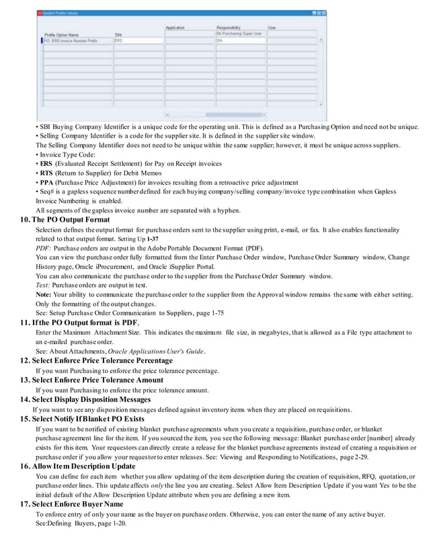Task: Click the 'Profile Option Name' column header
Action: pyautogui.click(x=61, y=34)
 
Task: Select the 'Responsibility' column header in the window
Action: pyautogui.click(x=228, y=28)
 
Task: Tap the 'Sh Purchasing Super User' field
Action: pyautogui.click(x=238, y=33)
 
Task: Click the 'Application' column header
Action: pyautogui.click(x=175, y=28)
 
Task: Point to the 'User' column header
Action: pyautogui.click(x=272, y=28)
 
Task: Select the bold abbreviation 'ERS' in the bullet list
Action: pyautogui.click(x=46, y=163)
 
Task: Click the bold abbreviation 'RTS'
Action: pyautogui.click(x=46, y=173)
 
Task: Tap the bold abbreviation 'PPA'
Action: pyautogui.click(x=46, y=182)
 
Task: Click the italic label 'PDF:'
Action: pyautogui.click(x=43, y=248)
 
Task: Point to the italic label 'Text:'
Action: pyautogui.click(x=43, y=286)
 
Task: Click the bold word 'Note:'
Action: pyautogui.click(x=44, y=295)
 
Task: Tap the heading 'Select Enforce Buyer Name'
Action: pyautogui.click(x=81, y=504)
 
